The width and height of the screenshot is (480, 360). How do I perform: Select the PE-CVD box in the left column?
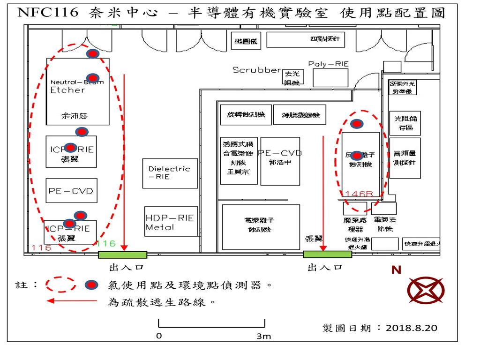coord(71,190)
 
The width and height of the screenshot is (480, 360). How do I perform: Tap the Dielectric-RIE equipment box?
coord(170,173)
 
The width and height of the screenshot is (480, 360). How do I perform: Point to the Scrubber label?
coord(256,70)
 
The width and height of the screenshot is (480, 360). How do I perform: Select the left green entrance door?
coord(122,255)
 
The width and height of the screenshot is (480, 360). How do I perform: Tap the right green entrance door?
coord(327,254)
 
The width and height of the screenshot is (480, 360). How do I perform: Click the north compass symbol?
coord(426,290)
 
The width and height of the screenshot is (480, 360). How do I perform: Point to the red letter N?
coord(396,270)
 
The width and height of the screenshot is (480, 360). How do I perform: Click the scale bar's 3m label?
coord(264,336)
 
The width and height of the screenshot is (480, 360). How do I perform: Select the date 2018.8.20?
coord(412,328)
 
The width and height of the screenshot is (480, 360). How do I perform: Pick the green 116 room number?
coord(106,244)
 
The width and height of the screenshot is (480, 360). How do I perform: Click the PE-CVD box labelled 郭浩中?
coord(280,161)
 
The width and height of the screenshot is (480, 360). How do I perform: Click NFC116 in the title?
coord(47,13)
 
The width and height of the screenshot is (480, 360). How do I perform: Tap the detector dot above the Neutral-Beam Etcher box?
coord(93,54)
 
